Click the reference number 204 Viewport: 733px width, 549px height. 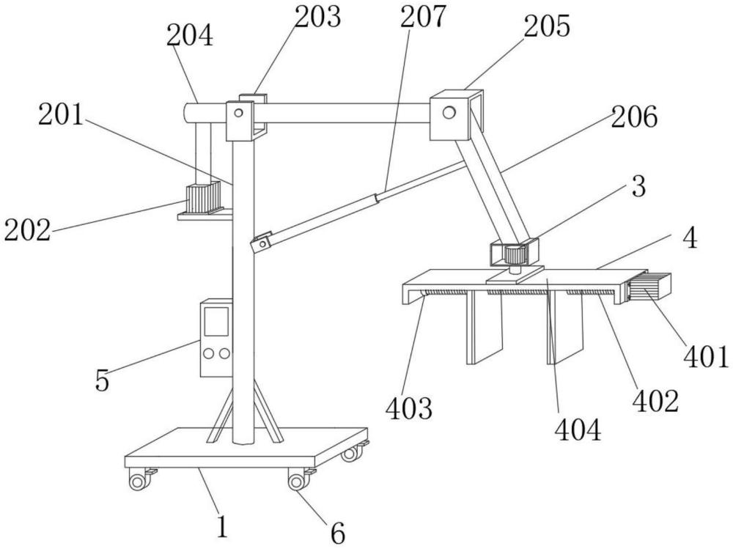point(190,35)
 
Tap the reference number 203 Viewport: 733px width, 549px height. point(318,16)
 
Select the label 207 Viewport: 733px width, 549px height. point(423,16)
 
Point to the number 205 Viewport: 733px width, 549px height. point(547,26)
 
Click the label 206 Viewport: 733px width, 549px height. point(634,117)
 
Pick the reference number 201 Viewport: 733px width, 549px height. point(61,114)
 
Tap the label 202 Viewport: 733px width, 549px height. point(27,230)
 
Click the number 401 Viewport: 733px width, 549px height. point(707,357)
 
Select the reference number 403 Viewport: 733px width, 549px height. point(409,408)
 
